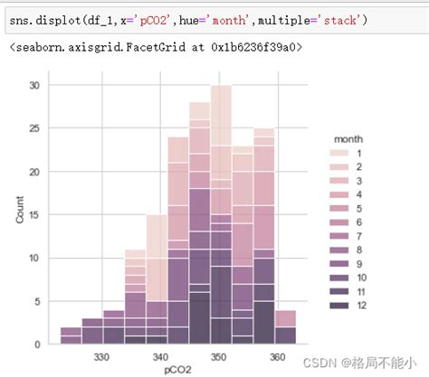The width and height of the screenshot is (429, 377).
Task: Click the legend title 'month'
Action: [x=349, y=140]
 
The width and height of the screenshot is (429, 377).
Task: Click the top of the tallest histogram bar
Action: [x=221, y=87]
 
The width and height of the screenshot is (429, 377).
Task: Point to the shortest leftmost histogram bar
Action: [x=70, y=335]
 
